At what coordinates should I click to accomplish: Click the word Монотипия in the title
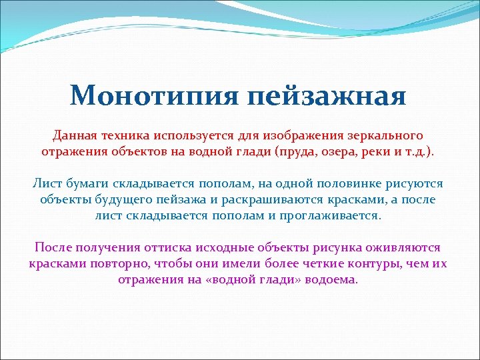pos(155,95)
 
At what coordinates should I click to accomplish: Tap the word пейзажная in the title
pos(327,97)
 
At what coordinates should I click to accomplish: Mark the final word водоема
pos(331,280)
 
